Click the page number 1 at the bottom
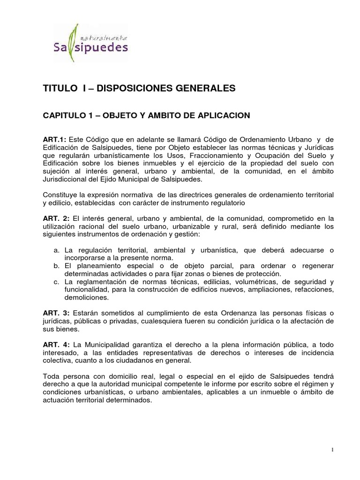click(x=332, y=450)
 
